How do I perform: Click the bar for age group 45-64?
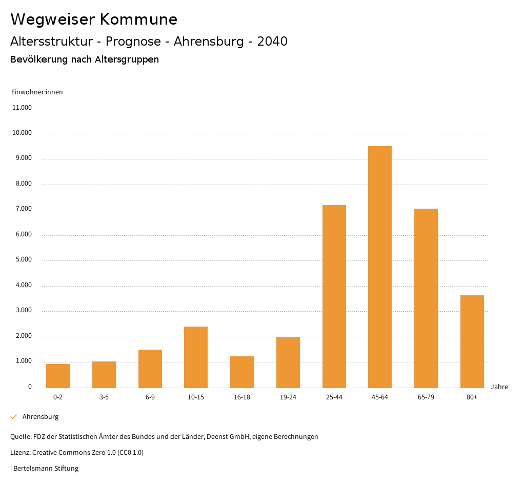point(380,267)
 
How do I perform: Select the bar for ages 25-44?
point(334,296)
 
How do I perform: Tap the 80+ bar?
point(472,341)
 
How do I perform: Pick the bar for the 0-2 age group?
point(58,376)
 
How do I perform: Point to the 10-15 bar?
point(196,357)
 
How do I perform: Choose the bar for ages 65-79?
point(426,298)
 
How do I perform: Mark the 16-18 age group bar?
point(242,372)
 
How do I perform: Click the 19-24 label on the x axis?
point(288,397)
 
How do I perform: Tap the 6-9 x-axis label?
point(150,397)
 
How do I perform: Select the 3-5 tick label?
point(104,397)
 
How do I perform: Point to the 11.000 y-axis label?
point(22,108)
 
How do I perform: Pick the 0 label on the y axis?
point(30,387)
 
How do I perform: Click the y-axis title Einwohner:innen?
point(37,92)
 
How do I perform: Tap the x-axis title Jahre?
point(499,387)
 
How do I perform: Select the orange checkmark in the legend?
point(14,417)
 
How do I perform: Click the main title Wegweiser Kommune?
point(94,19)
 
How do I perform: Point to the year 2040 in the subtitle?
point(272,42)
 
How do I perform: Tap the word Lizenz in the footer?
point(20,453)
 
